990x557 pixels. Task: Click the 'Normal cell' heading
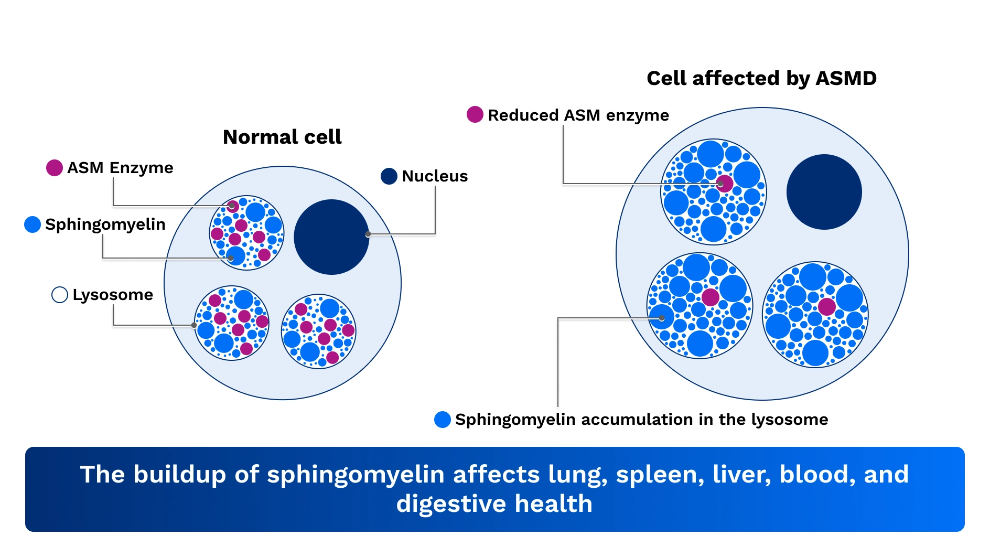(x=282, y=137)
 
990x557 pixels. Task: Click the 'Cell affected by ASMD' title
(x=761, y=78)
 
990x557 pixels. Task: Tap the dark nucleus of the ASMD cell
(x=824, y=191)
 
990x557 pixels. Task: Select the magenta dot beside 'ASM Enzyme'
(x=55, y=168)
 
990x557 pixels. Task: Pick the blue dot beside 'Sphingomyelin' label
(x=33, y=224)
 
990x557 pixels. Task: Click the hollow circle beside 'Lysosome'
(x=60, y=295)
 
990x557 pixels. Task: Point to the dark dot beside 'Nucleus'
(x=389, y=176)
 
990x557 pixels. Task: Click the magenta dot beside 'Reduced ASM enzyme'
(x=475, y=114)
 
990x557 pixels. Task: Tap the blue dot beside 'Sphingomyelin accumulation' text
(x=443, y=420)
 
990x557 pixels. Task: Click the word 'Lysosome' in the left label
(x=113, y=295)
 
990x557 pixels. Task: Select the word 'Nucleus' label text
(x=435, y=176)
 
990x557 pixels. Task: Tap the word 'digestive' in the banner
(x=451, y=504)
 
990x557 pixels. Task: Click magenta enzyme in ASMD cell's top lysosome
(x=724, y=184)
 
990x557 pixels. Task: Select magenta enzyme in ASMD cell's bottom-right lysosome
(x=827, y=307)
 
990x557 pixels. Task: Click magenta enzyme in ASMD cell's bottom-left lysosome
(x=711, y=297)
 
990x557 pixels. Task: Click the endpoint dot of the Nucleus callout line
(x=368, y=234)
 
